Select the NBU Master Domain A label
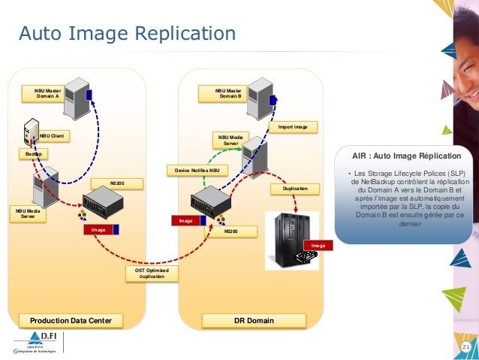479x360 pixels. point(47,92)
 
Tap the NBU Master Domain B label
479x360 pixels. point(230,92)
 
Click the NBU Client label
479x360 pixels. point(53,136)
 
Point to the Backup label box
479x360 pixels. point(32,153)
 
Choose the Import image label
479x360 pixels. point(293,127)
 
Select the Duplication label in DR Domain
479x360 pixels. point(296,189)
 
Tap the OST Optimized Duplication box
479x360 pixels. point(152,273)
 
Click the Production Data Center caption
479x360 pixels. point(66,321)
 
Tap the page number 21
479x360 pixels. point(465,346)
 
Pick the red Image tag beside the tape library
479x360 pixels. point(318,246)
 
